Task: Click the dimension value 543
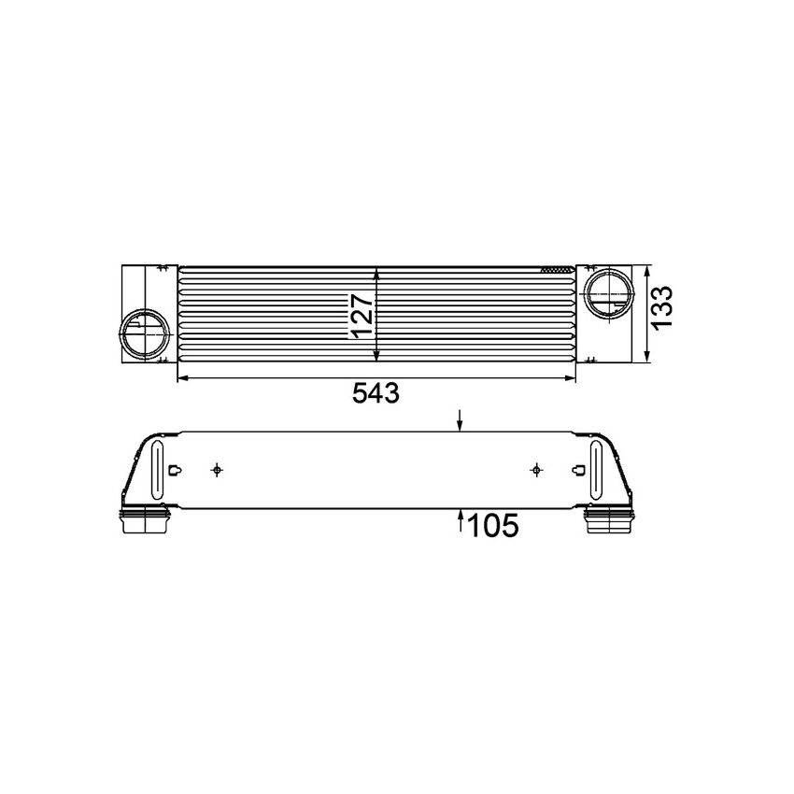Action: click(376, 394)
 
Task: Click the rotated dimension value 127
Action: click(362, 315)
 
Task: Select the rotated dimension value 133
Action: click(661, 305)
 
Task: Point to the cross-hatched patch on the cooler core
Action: click(558, 269)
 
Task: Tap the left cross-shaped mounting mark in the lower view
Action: click(217, 469)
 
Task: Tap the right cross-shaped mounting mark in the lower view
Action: click(535, 469)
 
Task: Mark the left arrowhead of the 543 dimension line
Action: click(181, 378)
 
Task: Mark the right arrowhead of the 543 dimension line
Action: click(572, 378)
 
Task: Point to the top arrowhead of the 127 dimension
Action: click(376, 273)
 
